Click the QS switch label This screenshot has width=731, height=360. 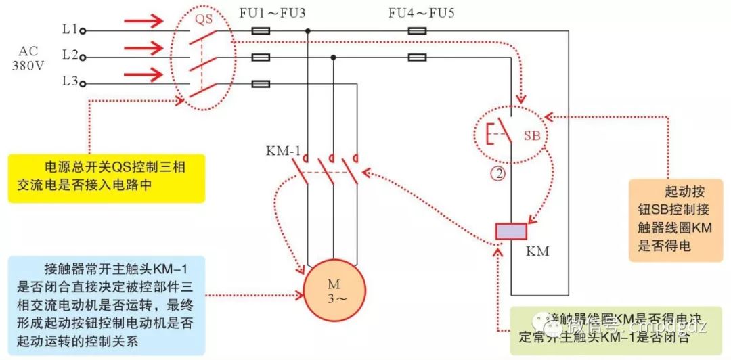204,19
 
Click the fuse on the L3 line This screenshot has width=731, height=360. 261,84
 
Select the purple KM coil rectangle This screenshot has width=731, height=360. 511,231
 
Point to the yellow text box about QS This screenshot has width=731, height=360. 106,178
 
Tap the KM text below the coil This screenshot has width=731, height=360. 538,252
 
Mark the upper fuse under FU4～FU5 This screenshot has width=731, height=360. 417,30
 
